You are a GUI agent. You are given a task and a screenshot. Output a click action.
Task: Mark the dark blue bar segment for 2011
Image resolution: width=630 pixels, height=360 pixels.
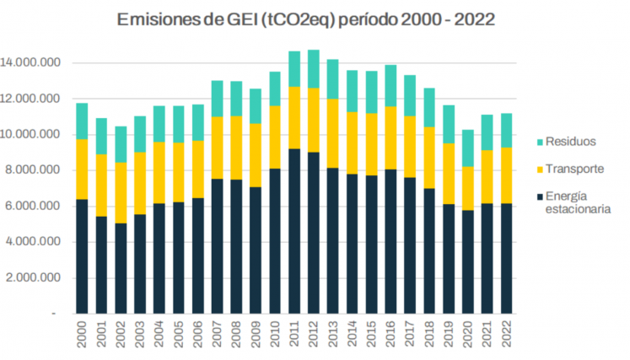294,231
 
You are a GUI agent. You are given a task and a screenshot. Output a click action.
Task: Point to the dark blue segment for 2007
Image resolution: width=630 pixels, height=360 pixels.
217,246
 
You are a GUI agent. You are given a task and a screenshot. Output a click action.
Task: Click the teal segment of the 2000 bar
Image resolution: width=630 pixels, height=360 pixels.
81,121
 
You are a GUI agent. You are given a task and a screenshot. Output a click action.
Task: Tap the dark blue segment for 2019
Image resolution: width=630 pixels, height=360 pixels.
450,259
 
